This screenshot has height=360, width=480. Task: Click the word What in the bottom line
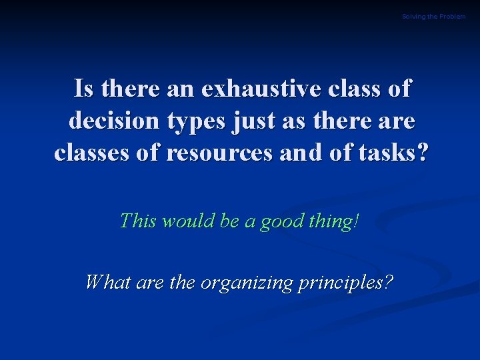tap(108, 282)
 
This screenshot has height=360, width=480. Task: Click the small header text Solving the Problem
tap(433, 16)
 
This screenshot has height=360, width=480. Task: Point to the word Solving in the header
tap(413, 16)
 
